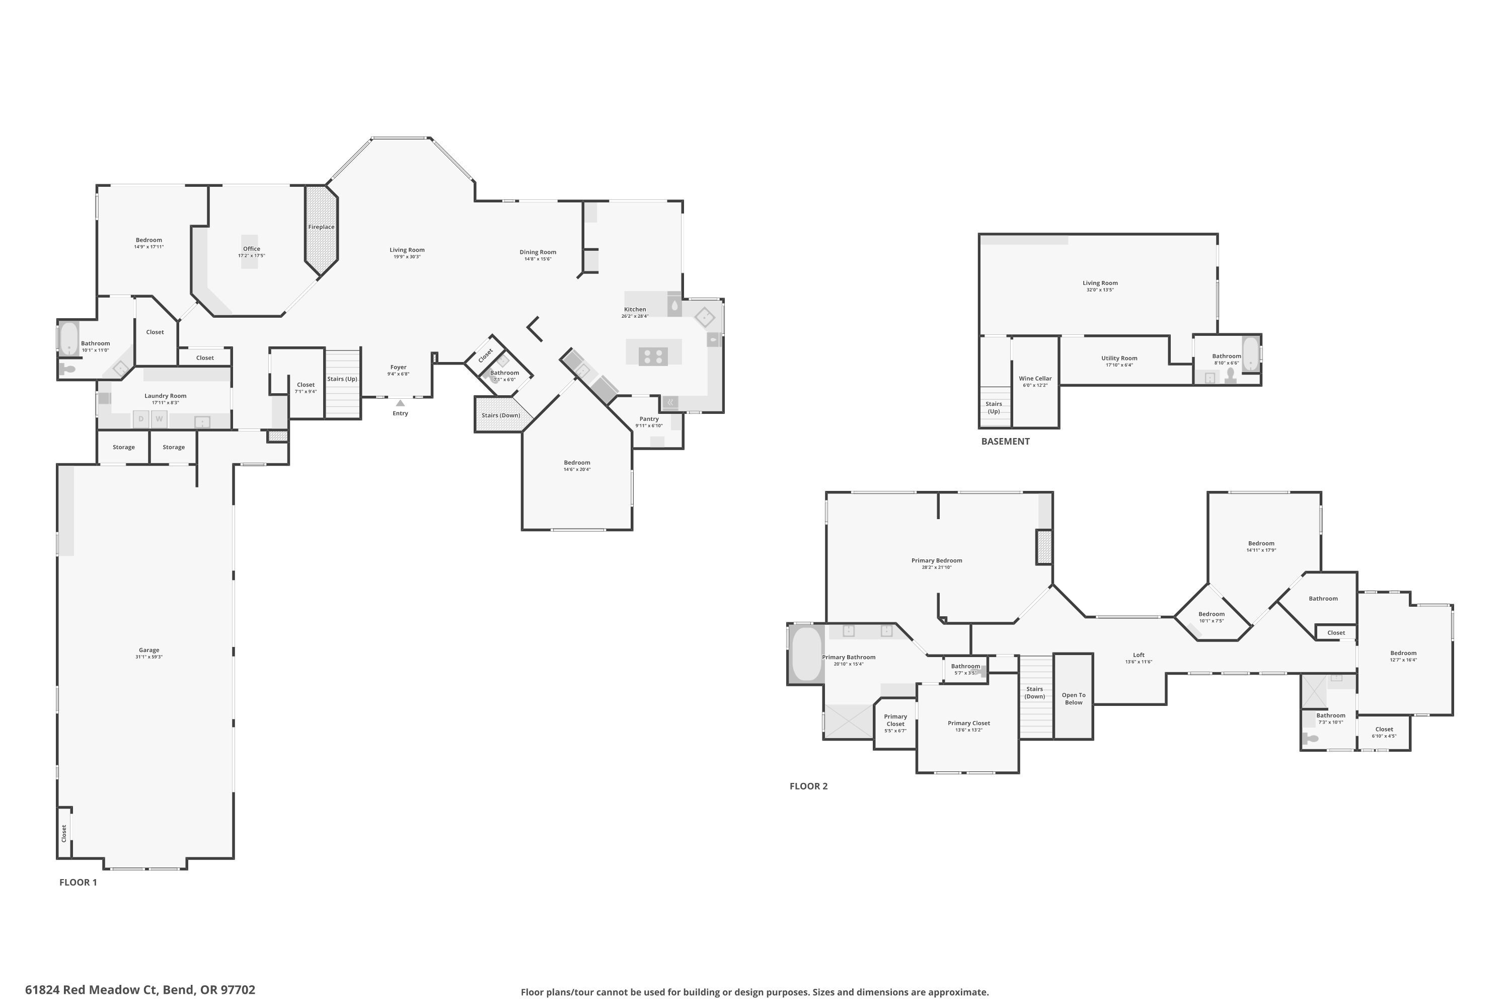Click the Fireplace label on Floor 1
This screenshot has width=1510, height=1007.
[x=321, y=227]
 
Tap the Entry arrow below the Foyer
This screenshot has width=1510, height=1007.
[x=400, y=403]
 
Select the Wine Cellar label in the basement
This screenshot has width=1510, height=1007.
[x=1035, y=378]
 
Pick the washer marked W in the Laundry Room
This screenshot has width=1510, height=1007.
[x=159, y=419]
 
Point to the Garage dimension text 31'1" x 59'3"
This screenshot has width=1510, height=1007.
[x=149, y=657]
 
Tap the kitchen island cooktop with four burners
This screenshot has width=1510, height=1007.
[x=653, y=356]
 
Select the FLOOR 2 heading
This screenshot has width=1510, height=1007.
[x=808, y=786]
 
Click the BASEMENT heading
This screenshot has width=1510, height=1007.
[x=1005, y=441]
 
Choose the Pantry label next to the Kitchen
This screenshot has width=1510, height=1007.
[x=649, y=419]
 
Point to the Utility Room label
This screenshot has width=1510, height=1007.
[x=1119, y=358]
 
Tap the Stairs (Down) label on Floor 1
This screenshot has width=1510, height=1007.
[x=501, y=415]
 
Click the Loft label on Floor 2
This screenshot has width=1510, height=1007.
[x=1138, y=655]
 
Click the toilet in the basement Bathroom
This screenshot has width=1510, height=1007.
[x=1231, y=375]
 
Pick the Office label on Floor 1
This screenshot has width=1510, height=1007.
[x=252, y=249]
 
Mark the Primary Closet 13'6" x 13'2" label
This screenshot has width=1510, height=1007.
[x=969, y=723]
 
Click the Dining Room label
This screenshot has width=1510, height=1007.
[x=538, y=252]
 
